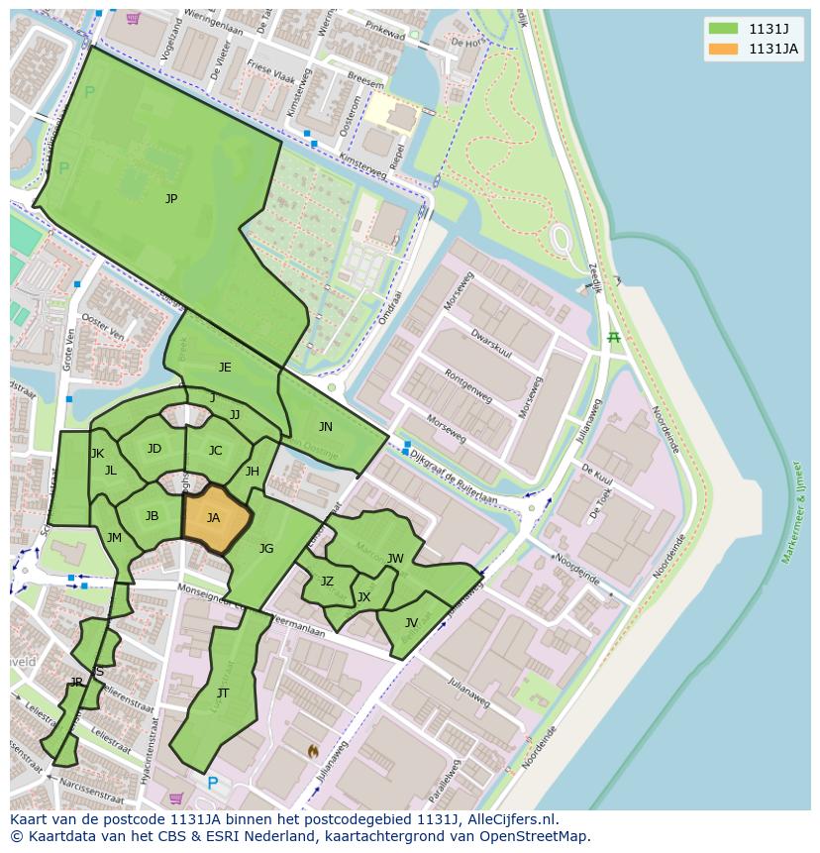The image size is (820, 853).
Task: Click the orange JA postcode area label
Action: (x=213, y=517)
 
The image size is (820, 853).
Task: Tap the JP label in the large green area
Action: (x=171, y=199)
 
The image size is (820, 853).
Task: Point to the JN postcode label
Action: (x=325, y=427)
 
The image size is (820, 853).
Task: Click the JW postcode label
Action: (x=395, y=559)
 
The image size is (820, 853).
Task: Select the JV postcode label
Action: (x=411, y=623)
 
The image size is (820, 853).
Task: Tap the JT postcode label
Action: (x=223, y=693)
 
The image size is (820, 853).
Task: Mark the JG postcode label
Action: (x=266, y=549)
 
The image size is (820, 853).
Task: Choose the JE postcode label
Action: (x=225, y=368)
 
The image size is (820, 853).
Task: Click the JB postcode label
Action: (x=152, y=516)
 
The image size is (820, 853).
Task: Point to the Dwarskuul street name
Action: (x=491, y=345)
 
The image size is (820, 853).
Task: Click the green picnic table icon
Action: (x=614, y=339)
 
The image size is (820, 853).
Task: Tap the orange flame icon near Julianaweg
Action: (x=313, y=752)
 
